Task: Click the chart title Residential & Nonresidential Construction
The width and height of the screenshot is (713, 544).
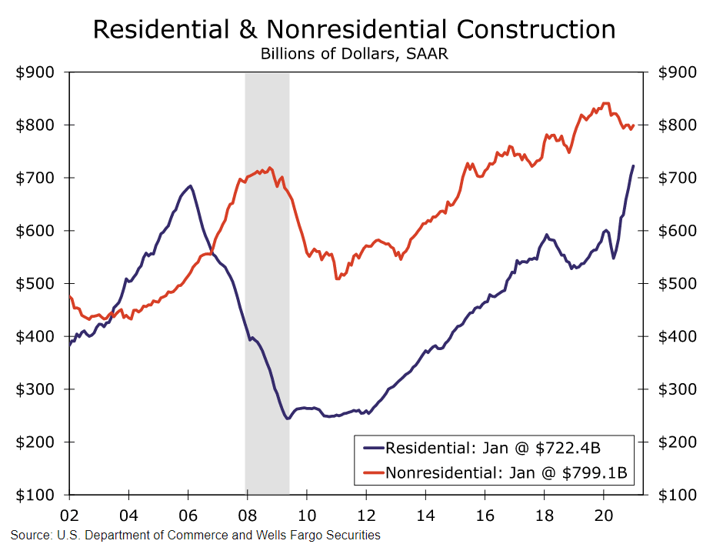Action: (x=355, y=29)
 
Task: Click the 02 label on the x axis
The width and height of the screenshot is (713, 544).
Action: (x=69, y=512)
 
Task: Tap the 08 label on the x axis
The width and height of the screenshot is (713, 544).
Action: (x=247, y=512)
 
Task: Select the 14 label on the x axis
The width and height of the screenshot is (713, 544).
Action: (x=425, y=512)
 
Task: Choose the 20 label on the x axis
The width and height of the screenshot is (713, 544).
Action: (x=604, y=512)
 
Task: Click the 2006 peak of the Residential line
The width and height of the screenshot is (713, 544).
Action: (x=189, y=185)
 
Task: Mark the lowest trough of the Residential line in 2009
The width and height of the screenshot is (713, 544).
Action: (x=287, y=419)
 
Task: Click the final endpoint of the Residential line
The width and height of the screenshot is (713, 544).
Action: (x=633, y=166)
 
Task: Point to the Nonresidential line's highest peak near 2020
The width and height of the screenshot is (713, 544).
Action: (x=606, y=102)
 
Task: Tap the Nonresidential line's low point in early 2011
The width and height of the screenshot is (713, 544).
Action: (x=337, y=279)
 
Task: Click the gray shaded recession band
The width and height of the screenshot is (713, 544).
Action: (x=267, y=231)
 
